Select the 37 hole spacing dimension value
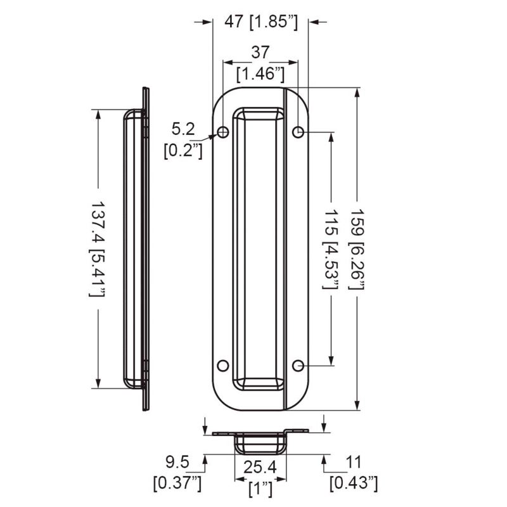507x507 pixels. coord(260,53)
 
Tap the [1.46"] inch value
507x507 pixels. coord(259,74)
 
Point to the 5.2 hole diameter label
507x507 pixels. coord(183,129)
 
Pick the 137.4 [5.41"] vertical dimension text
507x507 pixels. coord(97,250)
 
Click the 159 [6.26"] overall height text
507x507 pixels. coord(359,250)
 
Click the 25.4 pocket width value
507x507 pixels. coord(260,468)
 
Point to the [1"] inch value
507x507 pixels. coord(260,489)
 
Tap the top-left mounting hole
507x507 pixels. coord(223,132)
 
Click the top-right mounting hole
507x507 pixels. coord(298,132)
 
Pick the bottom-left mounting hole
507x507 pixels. coord(223,366)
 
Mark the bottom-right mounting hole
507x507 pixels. coord(298,366)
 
